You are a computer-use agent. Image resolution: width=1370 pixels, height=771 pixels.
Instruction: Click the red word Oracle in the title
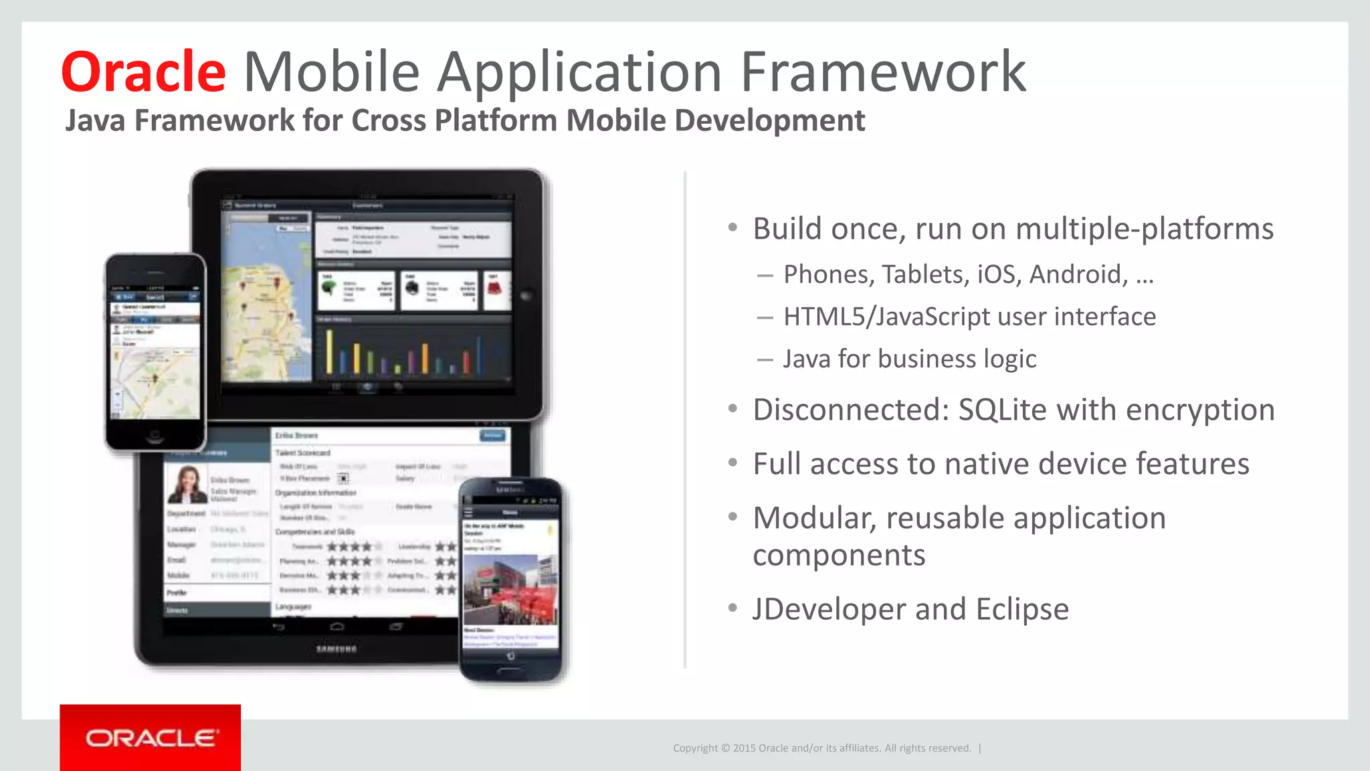point(144,72)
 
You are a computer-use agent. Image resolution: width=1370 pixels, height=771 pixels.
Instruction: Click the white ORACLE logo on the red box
point(151,738)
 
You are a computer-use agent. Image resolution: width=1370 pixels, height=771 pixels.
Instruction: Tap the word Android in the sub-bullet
point(1078,274)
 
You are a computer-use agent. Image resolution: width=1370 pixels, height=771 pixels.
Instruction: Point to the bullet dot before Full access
point(733,462)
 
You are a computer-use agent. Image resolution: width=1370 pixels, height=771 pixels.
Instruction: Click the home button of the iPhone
point(155,435)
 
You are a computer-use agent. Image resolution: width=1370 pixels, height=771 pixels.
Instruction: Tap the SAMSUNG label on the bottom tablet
point(336,649)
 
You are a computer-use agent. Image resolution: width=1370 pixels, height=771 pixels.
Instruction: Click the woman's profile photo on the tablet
point(187,485)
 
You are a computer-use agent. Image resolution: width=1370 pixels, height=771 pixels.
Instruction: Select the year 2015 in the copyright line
point(744,748)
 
